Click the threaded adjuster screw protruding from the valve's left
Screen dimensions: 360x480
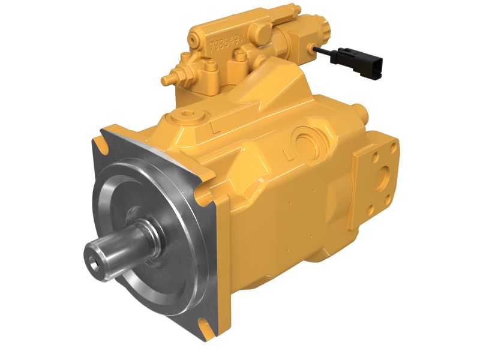(x=169, y=78)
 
